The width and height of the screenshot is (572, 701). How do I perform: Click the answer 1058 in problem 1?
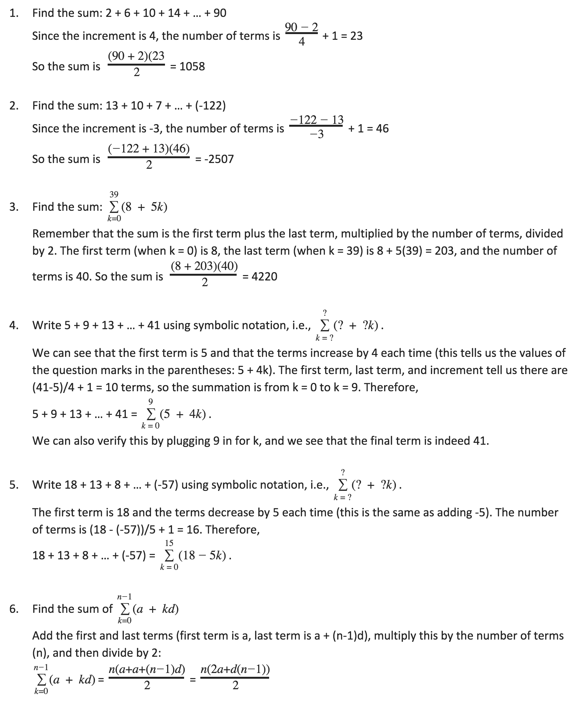pyautogui.click(x=192, y=67)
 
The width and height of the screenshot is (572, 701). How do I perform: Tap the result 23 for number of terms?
pyautogui.click(x=356, y=36)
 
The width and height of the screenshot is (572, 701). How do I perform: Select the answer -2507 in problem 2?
pyautogui.click(x=219, y=159)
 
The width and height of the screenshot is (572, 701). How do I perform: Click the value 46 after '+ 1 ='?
pyautogui.click(x=382, y=128)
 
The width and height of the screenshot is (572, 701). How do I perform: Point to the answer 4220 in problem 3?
pyautogui.click(x=264, y=277)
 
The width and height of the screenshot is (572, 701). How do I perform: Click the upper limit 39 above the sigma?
pyautogui.click(x=114, y=195)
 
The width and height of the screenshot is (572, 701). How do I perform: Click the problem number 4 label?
pyautogui.click(x=14, y=325)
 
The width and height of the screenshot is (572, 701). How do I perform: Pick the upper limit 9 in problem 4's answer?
pyautogui.click(x=151, y=402)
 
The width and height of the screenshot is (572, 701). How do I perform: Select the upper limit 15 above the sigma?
pyautogui.click(x=169, y=543)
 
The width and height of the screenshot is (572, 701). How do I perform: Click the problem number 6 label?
pyautogui.click(x=14, y=609)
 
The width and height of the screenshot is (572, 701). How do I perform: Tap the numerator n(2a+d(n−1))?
pyautogui.click(x=235, y=669)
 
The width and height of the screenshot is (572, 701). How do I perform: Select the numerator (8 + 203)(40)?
pyautogui.click(x=204, y=266)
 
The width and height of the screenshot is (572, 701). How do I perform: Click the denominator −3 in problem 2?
pyautogui.click(x=317, y=134)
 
